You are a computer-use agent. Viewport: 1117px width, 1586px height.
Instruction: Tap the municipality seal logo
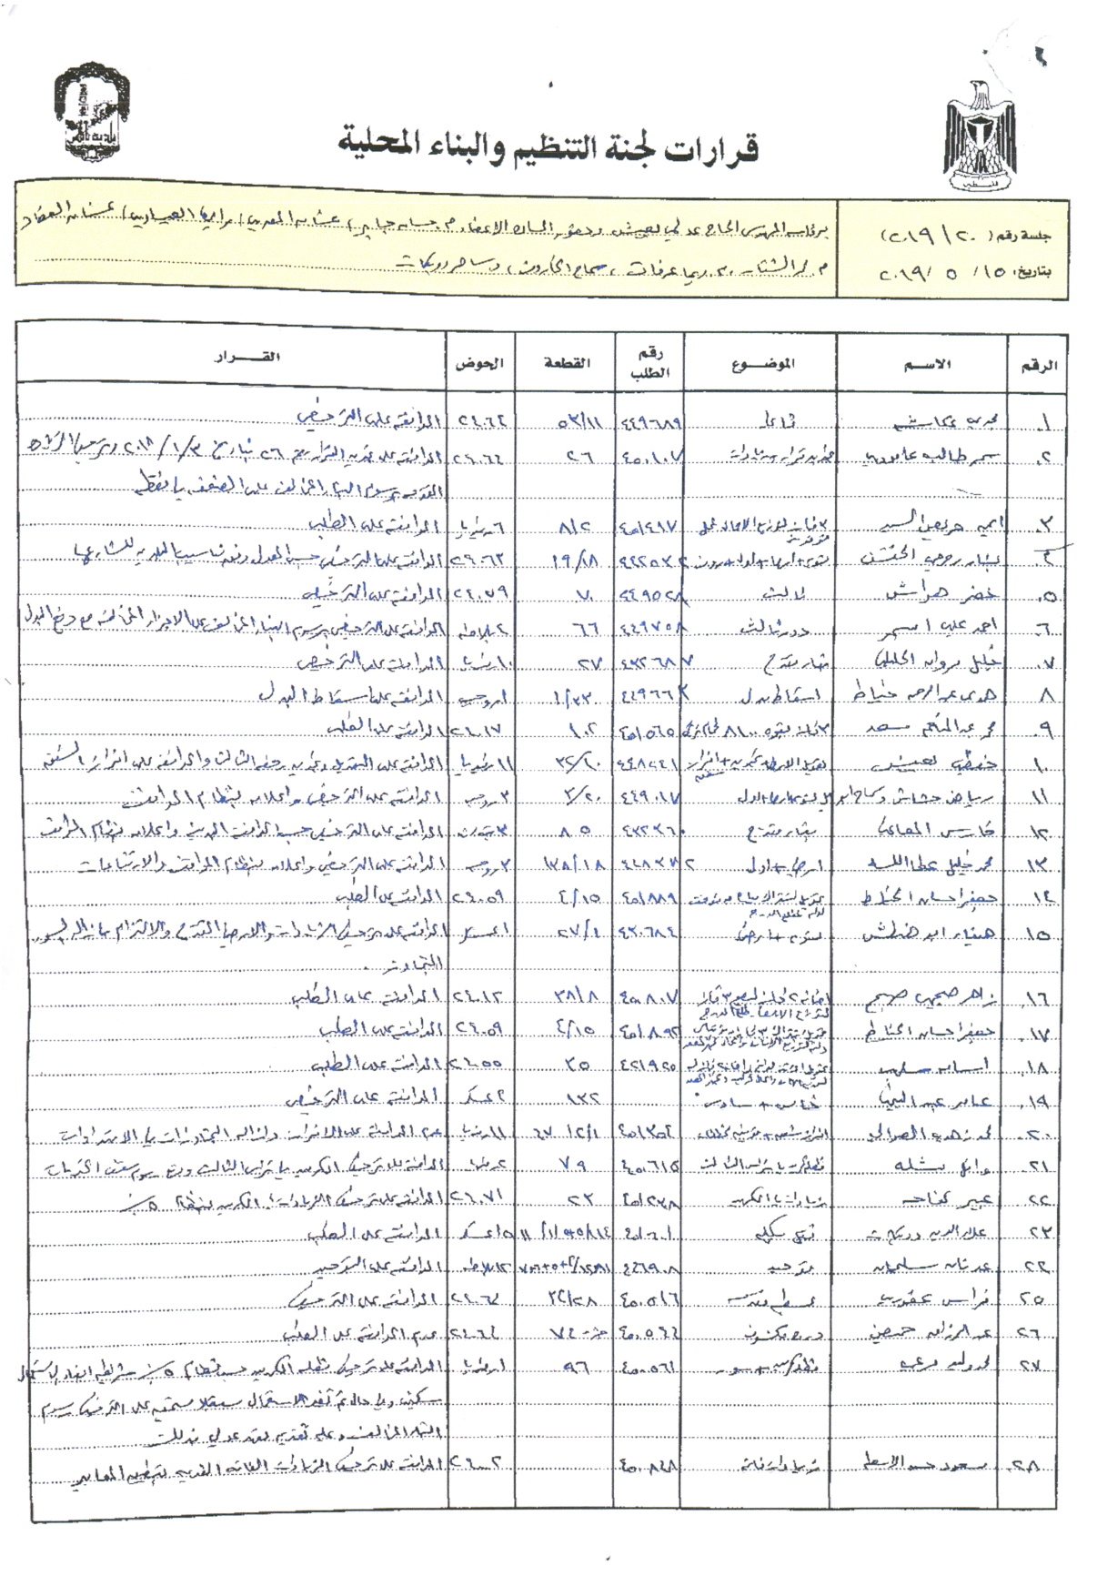pos(92,113)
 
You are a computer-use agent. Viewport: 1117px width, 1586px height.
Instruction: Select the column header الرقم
pos(1038,365)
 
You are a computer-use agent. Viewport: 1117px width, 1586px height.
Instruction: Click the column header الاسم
pos(926,364)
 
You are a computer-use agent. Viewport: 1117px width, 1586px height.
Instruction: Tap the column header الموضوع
pos(762,363)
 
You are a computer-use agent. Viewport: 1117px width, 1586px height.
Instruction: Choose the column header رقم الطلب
pos(649,363)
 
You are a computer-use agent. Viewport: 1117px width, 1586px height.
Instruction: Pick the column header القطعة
pos(566,362)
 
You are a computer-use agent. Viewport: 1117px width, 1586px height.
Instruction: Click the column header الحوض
pos(478,362)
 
